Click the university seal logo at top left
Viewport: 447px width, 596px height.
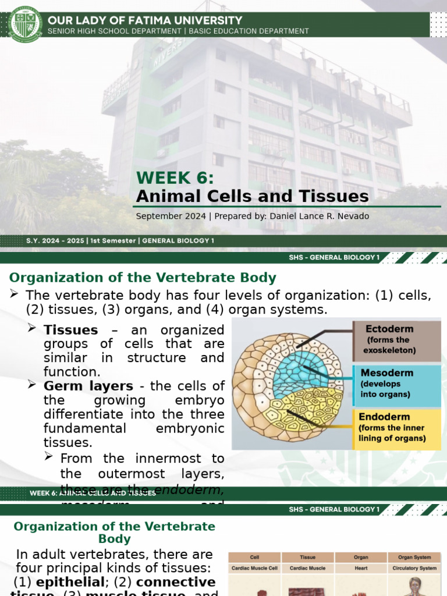[x=25, y=23]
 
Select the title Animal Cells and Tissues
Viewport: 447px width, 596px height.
[x=252, y=196]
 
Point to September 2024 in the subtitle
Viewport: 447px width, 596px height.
[x=171, y=217]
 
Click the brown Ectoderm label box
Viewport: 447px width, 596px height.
[x=396, y=340]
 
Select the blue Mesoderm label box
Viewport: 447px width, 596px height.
[x=396, y=384]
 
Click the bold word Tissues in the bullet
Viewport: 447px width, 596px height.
[x=70, y=330]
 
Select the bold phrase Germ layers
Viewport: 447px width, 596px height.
[x=88, y=386]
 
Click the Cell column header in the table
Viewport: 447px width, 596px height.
[x=254, y=557]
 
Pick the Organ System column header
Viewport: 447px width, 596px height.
[x=414, y=557]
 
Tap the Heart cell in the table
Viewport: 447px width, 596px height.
[x=361, y=568]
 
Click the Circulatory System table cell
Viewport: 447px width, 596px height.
[x=414, y=568]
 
